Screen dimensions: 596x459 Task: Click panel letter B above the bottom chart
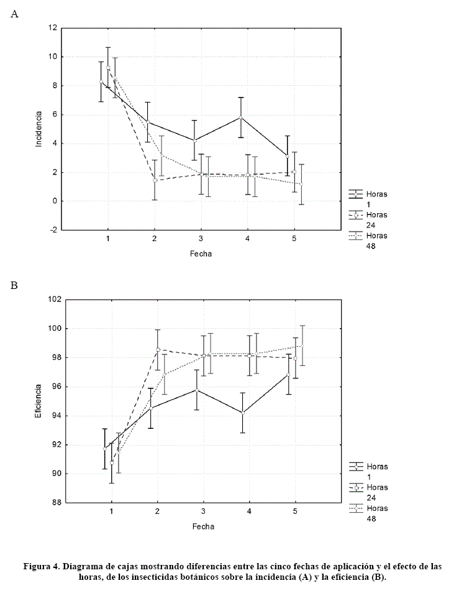pyautogui.click(x=14, y=285)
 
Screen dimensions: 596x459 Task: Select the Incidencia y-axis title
pyautogui.click(x=39, y=129)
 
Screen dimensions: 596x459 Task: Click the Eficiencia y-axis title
pyautogui.click(x=39, y=401)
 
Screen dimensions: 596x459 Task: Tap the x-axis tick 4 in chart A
pyautogui.click(x=247, y=239)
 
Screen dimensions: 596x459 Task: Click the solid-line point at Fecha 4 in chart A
pyautogui.click(x=241, y=117)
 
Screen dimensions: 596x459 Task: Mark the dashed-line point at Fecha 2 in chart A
pyautogui.click(x=155, y=180)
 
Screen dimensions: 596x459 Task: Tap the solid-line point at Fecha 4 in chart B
pyautogui.click(x=243, y=413)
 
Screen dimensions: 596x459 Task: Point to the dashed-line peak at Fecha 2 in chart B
pyautogui.click(x=158, y=349)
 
